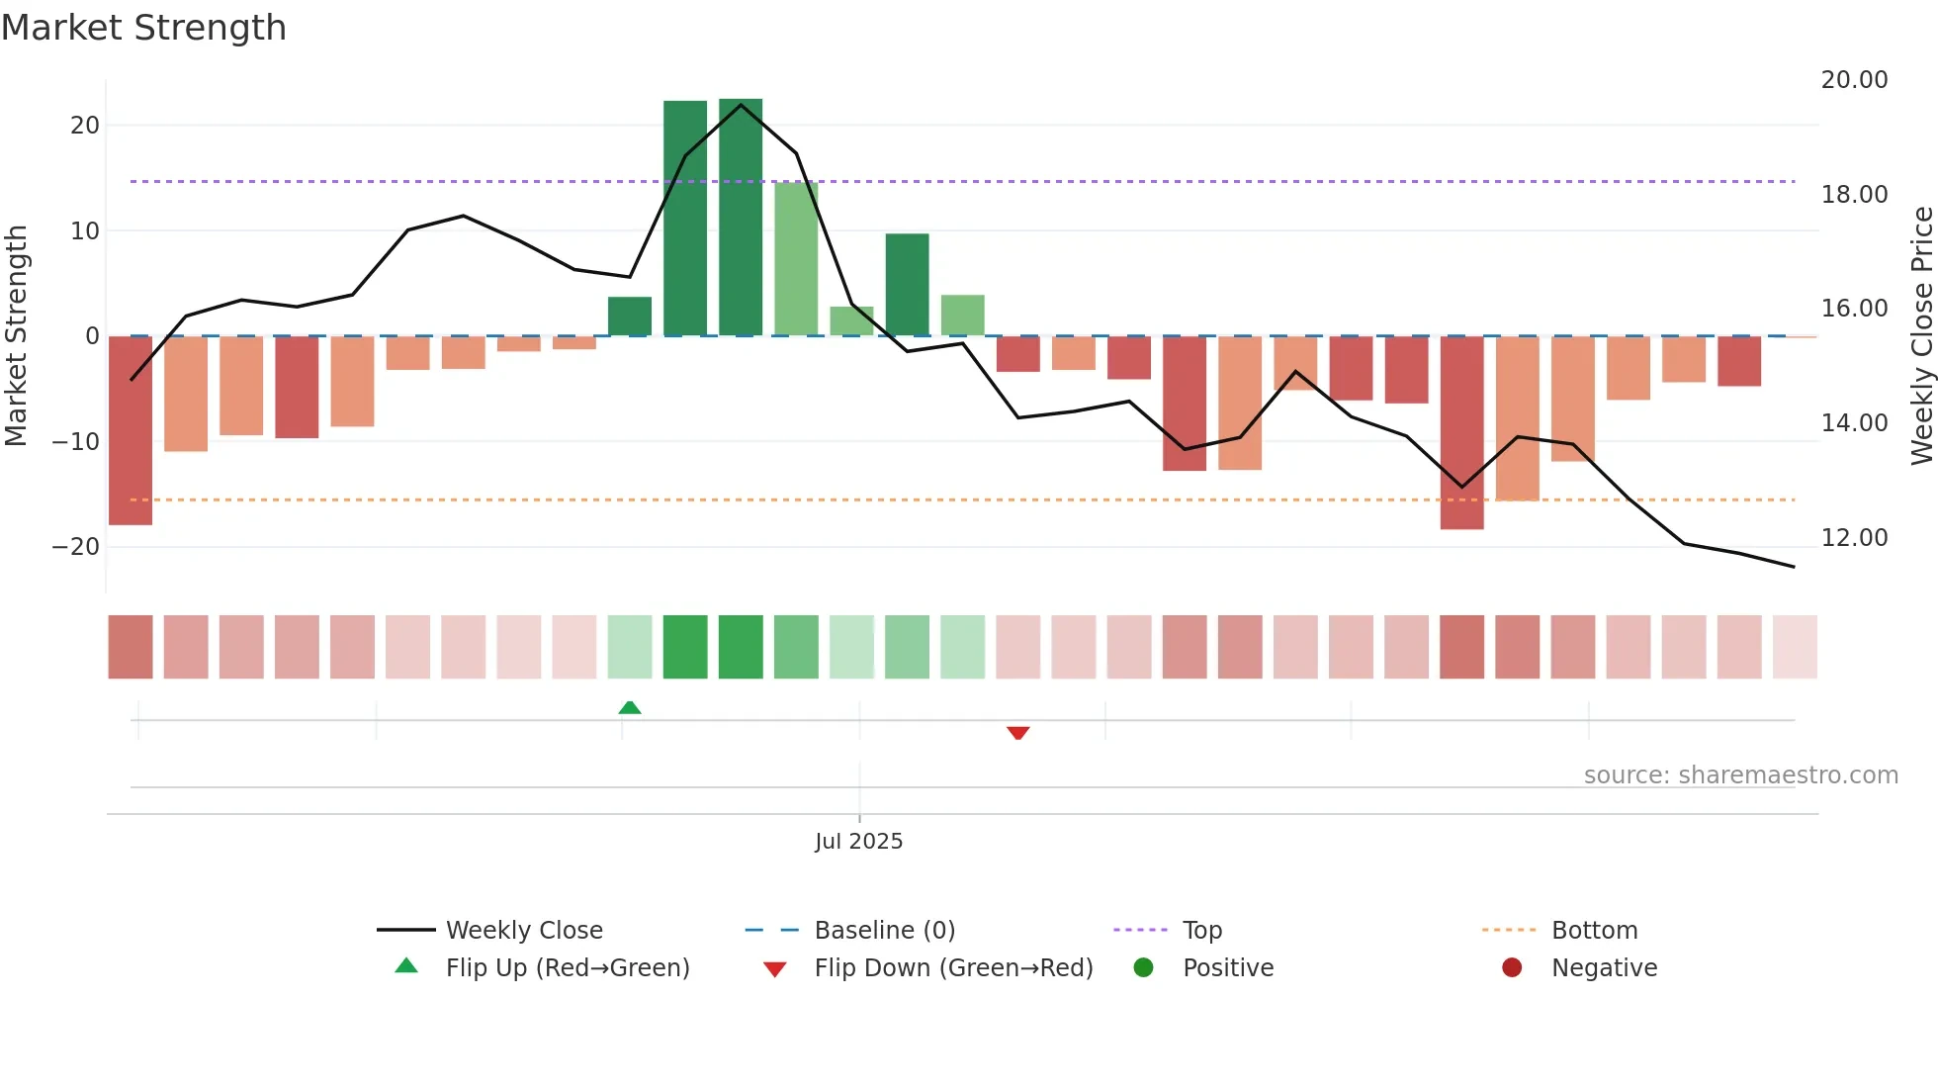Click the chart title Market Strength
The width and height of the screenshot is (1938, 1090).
pyautogui.click(x=143, y=28)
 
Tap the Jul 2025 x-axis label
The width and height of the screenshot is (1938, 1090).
pyautogui.click(x=858, y=841)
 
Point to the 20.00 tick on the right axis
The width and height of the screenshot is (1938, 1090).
pyautogui.click(x=1854, y=80)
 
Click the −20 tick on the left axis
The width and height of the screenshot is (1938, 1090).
pyautogui.click(x=76, y=547)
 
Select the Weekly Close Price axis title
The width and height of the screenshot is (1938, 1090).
pyautogui.click(x=1921, y=335)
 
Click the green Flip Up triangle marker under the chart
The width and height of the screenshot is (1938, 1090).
pyautogui.click(x=630, y=707)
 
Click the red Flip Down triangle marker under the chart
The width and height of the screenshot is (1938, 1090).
pyautogui.click(x=1018, y=733)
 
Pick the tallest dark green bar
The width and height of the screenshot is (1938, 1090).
pyautogui.click(x=741, y=218)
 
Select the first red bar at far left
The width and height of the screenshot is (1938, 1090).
pyautogui.click(x=131, y=430)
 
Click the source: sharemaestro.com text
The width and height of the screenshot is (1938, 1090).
pyautogui.click(x=1740, y=775)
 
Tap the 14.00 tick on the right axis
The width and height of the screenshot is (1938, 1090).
pyautogui.click(x=1854, y=423)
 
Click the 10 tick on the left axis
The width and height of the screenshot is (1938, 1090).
pyautogui.click(x=84, y=231)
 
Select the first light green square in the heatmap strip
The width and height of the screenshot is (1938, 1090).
pyautogui.click(x=630, y=647)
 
